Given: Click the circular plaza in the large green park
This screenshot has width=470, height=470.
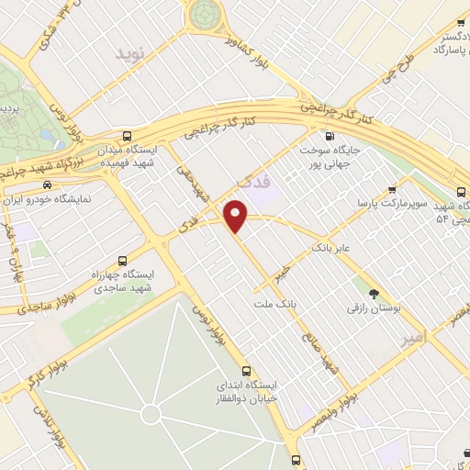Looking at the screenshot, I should pos(151,415).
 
